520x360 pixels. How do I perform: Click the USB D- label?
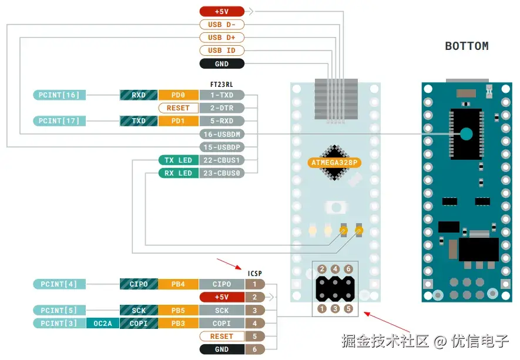coord(222,25)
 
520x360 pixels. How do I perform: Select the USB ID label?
coord(222,51)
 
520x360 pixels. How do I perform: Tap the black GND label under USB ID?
coord(222,63)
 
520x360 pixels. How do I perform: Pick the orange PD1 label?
coord(178,121)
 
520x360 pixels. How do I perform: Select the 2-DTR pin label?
coord(222,108)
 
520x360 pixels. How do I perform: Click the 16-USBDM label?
coord(222,134)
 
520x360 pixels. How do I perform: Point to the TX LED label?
coord(178,160)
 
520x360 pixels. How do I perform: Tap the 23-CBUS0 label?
coord(222,173)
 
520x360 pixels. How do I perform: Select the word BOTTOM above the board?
coord(467,46)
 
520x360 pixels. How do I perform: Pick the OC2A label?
coord(102,323)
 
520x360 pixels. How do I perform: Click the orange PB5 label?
coord(178,310)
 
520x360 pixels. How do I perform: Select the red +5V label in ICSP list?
coord(222,297)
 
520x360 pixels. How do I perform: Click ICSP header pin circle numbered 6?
coord(348,269)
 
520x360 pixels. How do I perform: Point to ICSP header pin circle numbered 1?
coord(322,309)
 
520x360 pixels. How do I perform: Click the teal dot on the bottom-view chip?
coord(466,134)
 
